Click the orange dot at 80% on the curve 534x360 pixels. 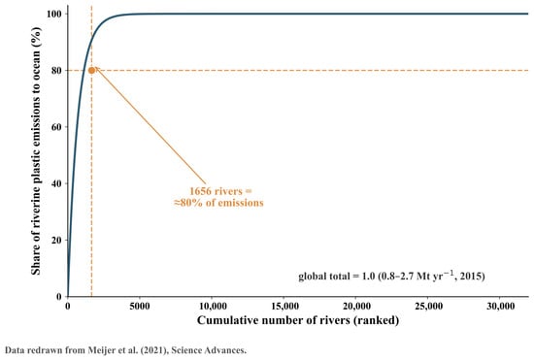pyautogui.click(x=91, y=71)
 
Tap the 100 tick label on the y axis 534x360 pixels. pyautogui.click(x=53, y=14)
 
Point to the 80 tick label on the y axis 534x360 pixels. pyautogui.click(x=56, y=71)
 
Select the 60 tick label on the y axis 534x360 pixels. pyautogui.click(x=56, y=127)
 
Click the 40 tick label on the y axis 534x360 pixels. pyautogui.click(x=56, y=183)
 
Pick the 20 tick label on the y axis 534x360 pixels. pyautogui.click(x=56, y=240)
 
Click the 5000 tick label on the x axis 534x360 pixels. pyautogui.click(x=140, y=307)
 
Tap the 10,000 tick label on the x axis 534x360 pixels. pyautogui.click(x=213, y=307)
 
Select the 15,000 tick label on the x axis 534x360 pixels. pyautogui.click(x=284, y=307)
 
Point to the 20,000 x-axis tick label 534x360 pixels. pyautogui.click(x=356, y=307)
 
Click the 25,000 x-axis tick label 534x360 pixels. pyautogui.click(x=429, y=307)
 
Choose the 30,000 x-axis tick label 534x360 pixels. pyautogui.click(x=501, y=307)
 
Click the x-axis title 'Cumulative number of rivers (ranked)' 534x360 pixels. pyautogui.click(x=298, y=320)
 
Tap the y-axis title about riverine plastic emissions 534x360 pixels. pyautogui.click(x=36, y=150)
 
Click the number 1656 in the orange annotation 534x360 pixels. pyautogui.click(x=200, y=191)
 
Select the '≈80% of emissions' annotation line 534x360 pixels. pyautogui.click(x=218, y=203)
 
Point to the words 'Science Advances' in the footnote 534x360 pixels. pyautogui.click(x=209, y=350)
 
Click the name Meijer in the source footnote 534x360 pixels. pyautogui.click(x=100, y=350)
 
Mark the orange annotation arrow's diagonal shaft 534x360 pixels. pyautogui.click(x=150, y=125)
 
